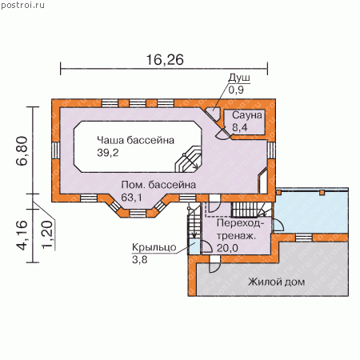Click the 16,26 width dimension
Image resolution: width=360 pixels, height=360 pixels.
pyautogui.click(x=165, y=60)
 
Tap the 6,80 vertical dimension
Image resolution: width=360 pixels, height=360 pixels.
pyautogui.click(x=22, y=151)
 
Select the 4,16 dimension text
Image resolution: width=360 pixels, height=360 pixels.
pyautogui.click(x=22, y=235)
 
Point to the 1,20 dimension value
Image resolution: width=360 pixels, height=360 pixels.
pyautogui.click(x=47, y=235)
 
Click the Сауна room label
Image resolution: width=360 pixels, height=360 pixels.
pyautogui.click(x=247, y=115)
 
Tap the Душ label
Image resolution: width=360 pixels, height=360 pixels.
pyautogui.click(x=239, y=78)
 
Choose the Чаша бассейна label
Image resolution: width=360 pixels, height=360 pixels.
pyautogui.click(x=135, y=140)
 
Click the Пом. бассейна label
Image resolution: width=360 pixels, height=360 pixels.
pyautogui.click(x=158, y=185)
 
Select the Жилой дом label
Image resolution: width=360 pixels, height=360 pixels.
pyautogui.click(x=276, y=282)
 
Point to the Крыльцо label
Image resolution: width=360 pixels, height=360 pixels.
pyautogui.click(x=154, y=247)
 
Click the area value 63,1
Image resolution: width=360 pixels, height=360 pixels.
pyautogui.click(x=131, y=198)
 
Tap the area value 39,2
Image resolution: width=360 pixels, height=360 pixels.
pyautogui.click(x=108, y=153)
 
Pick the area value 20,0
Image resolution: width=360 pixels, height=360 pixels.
pyautogui.click(x=227, y=248)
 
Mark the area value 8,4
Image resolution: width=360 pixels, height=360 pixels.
pyautogui.click(x=239, y=127)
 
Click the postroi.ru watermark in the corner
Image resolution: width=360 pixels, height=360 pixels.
pyautogui.click(x=22, y=5)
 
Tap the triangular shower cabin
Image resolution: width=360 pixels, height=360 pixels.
pyautogui.click(x=213, y=114)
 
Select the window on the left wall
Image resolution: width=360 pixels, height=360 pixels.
pyautogui.click(x=55, y=150)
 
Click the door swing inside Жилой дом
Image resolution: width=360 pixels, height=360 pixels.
pyautogui.click(x=214, y=264)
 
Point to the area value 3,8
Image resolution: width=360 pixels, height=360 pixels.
pyautogui.click(x=139, y=259)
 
